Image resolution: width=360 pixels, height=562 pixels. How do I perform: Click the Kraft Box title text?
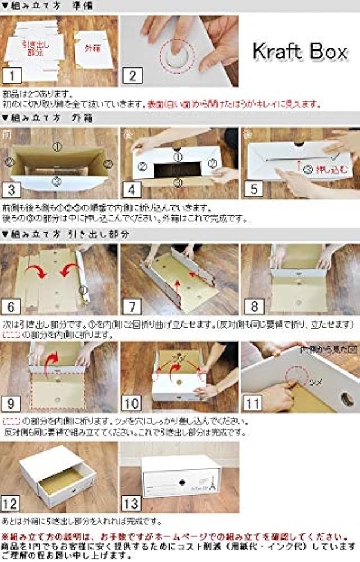299,52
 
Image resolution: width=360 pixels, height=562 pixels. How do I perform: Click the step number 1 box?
13,75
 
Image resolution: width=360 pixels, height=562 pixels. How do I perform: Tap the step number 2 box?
132,75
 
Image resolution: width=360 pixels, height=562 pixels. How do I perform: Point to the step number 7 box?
132,306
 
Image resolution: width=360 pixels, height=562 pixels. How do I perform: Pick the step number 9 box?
13,402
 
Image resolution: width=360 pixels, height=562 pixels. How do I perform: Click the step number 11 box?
254,402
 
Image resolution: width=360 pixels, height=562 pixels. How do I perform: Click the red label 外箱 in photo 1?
92,49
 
